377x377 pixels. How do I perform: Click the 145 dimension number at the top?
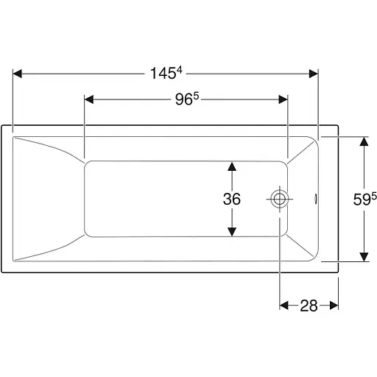(163, 74)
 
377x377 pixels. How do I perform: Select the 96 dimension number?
(184, 99)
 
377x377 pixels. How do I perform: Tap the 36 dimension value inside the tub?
(232, 199)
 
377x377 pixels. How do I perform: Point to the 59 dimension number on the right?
(362, 200)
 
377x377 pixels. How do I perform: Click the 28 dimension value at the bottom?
(309, 306)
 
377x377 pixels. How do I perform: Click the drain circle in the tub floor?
(279, 199)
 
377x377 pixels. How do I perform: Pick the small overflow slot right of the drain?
(316, 199)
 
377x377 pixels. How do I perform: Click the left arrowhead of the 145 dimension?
(17, 74)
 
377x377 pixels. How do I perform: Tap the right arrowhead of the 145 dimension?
(314, 74)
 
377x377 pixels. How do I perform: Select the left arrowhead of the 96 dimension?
(89, 99)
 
